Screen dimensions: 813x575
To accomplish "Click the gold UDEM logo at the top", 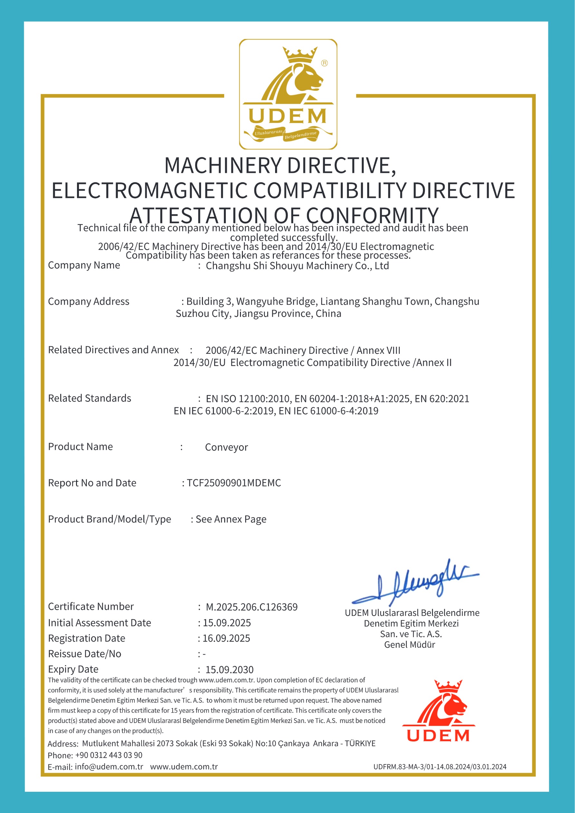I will pyautogui.click(x=288, y=94).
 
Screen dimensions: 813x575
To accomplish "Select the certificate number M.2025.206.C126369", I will pyautogui.click(x=252, y=607).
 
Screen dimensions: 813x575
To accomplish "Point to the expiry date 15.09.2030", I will pyautogui.click(x=229, y=670).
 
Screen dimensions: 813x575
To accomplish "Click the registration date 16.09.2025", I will pyautogui.click(x=226, y=638).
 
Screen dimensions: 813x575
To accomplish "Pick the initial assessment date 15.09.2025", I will pyautogui.click(x=226, y=623).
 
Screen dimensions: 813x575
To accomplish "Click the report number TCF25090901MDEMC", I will pyautogui.click(x=234, y=483).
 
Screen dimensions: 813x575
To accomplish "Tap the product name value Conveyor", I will pyautogui.click(x=226, y=447).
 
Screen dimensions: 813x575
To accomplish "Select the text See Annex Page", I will pyautogui.click(x=231, y=519).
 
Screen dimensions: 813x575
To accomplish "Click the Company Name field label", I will pyautogui.click(x=84, y=265).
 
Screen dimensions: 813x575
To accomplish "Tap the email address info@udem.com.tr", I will pyautogui.click(x=109, y=767).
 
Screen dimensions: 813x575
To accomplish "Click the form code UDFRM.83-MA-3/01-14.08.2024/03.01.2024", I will pyautogui.click(x=440, y=767).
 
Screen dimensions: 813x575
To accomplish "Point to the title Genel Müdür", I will pyautogui.click(x=410, y=644).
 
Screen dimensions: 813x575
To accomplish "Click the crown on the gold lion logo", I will pyautogui.click(x=300, y=55).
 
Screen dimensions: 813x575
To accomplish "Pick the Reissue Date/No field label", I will pyautogui.click(x=85, y=654).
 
